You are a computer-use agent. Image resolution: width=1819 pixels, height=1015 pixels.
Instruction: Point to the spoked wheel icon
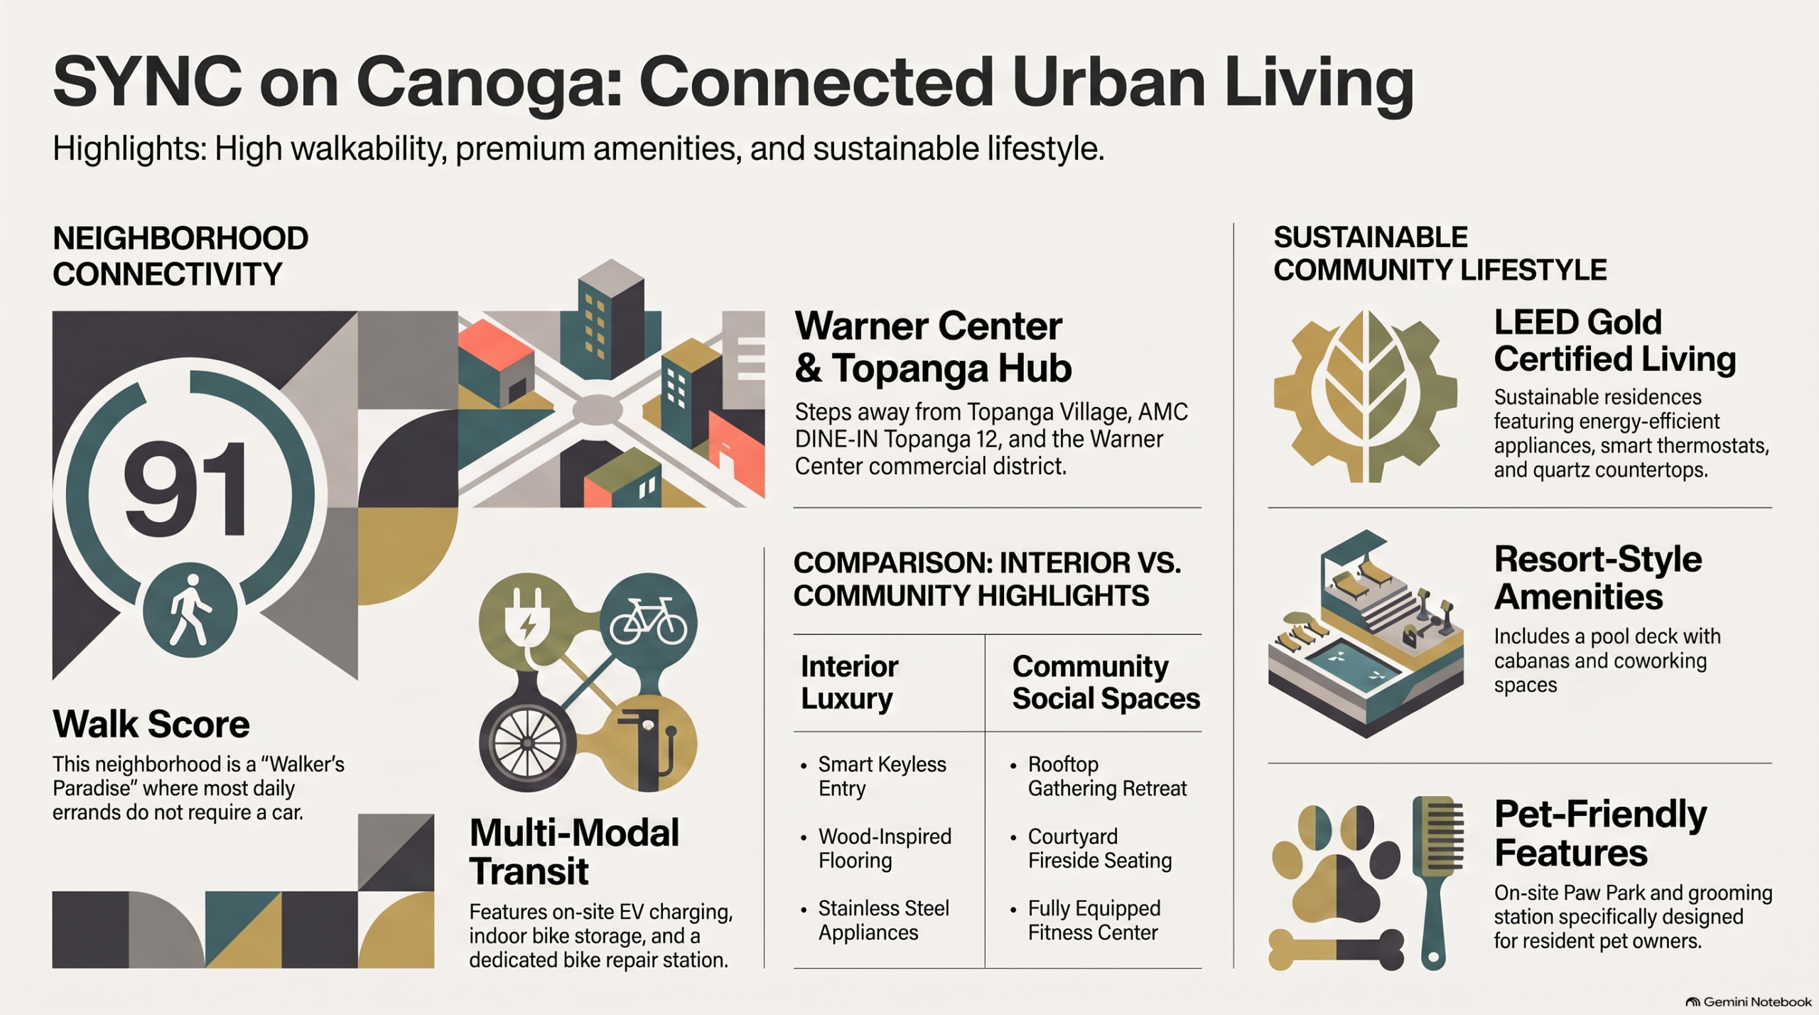pyautogui.click(x=527, y=743)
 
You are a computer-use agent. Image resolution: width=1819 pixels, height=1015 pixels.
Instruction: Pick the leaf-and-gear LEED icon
pyautogui.click(x=1365, y=396)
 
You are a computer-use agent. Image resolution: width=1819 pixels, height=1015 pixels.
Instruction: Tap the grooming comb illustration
pyautogui.click(x=1437, y=882)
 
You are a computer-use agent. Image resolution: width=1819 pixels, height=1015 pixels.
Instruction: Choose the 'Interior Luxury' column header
pyautogui.click(x=850, y=683)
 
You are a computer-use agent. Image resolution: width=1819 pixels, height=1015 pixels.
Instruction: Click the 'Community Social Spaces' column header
pyautogui.click(x=1106, y=683)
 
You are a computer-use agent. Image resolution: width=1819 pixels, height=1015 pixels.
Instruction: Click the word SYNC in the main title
pyautogui.click(x=147, y=82)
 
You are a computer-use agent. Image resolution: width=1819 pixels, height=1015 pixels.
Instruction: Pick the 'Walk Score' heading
pyautogui.click(x=151, y=724)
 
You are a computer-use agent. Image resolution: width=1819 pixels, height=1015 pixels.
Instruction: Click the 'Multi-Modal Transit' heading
pyautogui.click(x=574, y=852)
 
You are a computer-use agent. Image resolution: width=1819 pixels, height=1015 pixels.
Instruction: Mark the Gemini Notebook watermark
pyautogui.click(x=1749, y=1002)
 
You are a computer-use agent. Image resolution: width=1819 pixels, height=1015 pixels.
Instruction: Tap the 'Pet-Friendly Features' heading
pyautogui.click(x=1600, y=833)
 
